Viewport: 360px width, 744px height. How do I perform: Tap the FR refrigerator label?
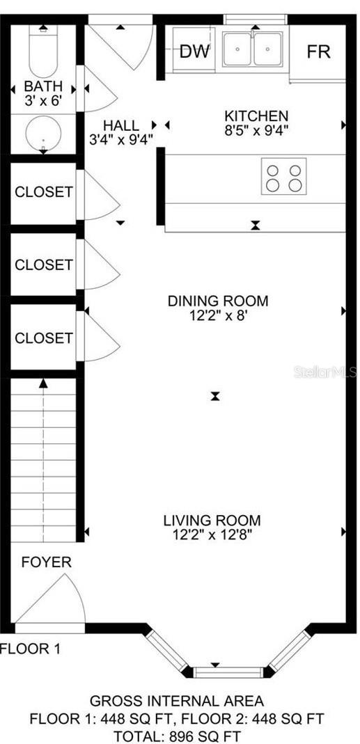point(318,52)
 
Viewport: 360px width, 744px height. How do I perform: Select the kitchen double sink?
point(253,49)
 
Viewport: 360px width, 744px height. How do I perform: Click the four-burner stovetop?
point(283,176)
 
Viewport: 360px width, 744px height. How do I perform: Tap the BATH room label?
point(43,87)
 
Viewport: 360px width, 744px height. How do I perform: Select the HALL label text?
point(120,125)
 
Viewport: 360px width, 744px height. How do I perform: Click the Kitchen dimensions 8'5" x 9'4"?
point(256,129)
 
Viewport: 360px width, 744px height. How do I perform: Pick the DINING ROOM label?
point(217,301)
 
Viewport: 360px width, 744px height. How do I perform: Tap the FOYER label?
point(46,562)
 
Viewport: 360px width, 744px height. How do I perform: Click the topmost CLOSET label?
point(43,191)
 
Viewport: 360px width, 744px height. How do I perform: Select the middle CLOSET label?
point(43,264)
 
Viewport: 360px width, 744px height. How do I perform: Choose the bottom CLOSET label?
point(43,338)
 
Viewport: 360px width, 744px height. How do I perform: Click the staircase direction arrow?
point(44,383)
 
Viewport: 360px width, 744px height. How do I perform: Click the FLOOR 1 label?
point(30,649)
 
